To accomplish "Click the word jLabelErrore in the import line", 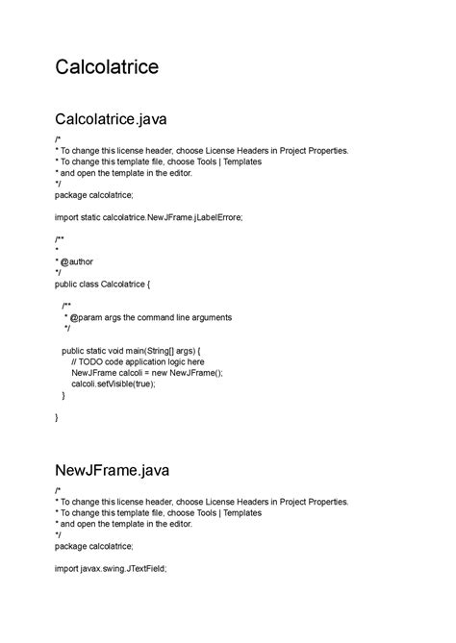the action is [x=218, y=217].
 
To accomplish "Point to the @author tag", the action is [x=76, y=260].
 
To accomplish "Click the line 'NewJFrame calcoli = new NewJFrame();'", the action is [x=146, y=373].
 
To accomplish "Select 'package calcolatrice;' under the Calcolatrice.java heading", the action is [x=94, y=195].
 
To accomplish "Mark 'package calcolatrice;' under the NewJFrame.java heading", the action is [x=94, y=546].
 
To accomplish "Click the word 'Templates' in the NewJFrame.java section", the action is [x=241, y=513].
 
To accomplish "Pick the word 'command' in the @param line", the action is [x=153, y=317].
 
